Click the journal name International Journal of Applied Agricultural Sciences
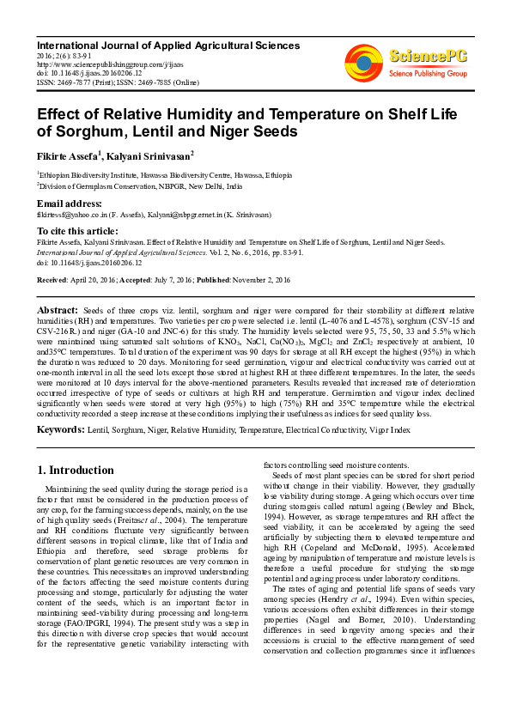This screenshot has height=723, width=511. click(168, 46)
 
